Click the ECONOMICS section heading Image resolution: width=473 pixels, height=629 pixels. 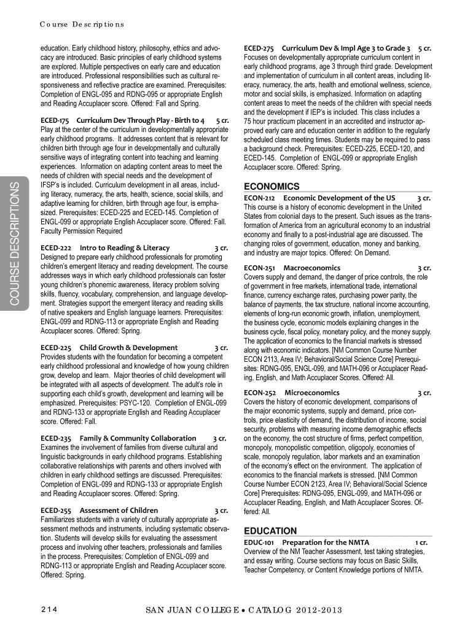(272, 186)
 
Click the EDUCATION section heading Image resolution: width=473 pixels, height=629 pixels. (270, 531)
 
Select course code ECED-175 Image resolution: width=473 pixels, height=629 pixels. (55, 120)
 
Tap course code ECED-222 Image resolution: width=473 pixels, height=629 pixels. (55, 248)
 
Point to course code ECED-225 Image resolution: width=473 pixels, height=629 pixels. (55, 348)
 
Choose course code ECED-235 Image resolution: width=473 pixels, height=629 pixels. (55, 438)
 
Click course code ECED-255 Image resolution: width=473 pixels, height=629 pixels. (55, 510)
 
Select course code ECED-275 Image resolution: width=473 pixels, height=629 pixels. (259, 47)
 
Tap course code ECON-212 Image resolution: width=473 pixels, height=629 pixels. (259, 198)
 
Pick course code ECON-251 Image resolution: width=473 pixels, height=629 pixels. (259, 268)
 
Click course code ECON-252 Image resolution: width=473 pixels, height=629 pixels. (259, 393)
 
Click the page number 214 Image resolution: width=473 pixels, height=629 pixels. (49, 609)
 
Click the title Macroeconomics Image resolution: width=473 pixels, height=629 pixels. (312, 268)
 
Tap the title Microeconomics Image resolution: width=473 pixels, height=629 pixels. (311, 393)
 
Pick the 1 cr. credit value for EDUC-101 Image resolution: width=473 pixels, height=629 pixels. (421, 542)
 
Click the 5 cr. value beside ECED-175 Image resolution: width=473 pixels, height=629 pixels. (222, 120)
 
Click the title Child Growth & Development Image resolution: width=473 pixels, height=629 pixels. (129, 348)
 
